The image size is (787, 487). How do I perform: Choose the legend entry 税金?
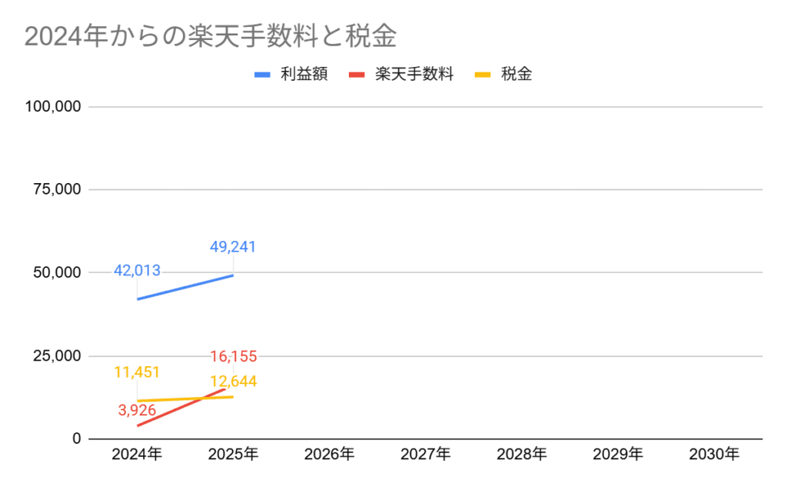tap(516, 75)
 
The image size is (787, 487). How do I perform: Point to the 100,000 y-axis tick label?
tap(53, 107)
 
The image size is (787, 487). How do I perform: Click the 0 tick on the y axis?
tap(76, 439)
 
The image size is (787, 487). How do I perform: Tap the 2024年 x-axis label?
tap(137, 455)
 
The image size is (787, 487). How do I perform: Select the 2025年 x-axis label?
tap(233, 455)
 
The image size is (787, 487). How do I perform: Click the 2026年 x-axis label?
tap(329, 455)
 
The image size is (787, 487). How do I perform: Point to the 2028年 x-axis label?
tap(522, 455)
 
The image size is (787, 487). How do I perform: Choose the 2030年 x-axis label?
tap(714, 455)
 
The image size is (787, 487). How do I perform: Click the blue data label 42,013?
tap(137, 270)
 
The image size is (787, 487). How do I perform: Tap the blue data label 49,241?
tap(233, 247)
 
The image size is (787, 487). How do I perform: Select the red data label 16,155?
tap(233, 356)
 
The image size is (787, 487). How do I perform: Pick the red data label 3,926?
tap(137, 410)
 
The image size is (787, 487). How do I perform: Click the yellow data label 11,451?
tap(137, 372)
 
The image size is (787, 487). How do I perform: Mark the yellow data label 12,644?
tap(233, 381)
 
